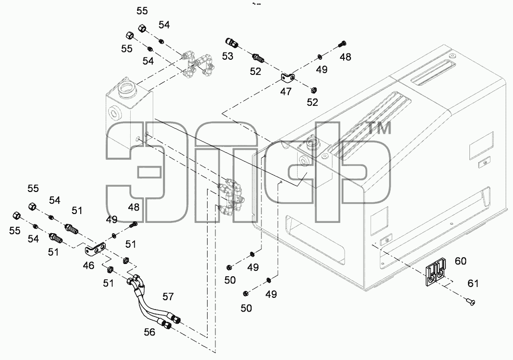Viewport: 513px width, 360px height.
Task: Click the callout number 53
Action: coord(228,56)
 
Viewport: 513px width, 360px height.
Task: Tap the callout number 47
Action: coord(285,92)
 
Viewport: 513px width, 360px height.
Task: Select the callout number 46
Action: coord(88,265)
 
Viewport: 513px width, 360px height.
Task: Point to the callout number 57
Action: coord(168,297)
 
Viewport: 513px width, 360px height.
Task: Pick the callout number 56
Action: coord(149,332)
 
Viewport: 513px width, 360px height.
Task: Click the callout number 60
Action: coord(461,261)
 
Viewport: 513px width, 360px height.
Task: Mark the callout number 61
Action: coord(473,284)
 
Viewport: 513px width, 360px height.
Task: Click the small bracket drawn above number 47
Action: coord(287,78)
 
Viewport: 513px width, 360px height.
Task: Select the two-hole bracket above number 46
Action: coord(96,249)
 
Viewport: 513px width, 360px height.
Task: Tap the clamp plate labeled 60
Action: coord(436,273)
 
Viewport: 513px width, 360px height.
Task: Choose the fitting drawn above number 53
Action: coord(232,43)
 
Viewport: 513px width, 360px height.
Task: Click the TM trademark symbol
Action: coord(379,128)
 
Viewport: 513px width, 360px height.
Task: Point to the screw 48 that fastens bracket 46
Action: coord(134,224)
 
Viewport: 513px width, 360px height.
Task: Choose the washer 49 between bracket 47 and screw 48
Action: coord(319,57)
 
